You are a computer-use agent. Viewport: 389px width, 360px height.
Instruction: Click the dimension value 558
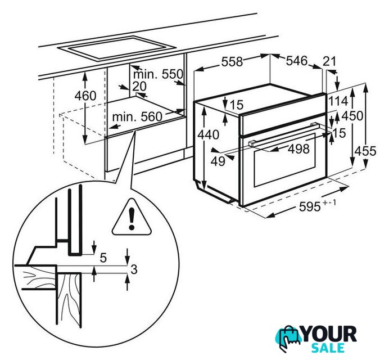pos(232,61)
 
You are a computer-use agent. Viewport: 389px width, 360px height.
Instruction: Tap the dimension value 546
pos(297,61)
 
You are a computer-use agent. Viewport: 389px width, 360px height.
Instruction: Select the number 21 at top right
pos(329,61)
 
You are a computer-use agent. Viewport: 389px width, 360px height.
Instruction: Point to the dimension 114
pos(338,101)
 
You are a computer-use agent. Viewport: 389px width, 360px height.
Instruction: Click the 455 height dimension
pos(365,151)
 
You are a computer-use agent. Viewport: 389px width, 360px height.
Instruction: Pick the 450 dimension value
pos(352,116)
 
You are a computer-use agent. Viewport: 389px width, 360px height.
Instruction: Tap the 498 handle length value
pos(298,149)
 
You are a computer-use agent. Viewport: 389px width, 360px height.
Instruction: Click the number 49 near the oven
pos(218,161)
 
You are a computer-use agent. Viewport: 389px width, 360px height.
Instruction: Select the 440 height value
pos(209,135)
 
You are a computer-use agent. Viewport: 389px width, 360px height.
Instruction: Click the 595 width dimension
pos(310,206)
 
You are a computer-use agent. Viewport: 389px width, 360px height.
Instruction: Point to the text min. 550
pos(158,74)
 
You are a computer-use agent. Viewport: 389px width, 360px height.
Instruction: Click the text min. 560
pos(137,116)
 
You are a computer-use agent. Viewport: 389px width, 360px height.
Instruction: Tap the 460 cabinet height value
pos(85,96)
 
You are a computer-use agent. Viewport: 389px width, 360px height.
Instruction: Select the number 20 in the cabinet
pos(139,87)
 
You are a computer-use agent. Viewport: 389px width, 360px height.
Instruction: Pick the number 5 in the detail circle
pos(103,258)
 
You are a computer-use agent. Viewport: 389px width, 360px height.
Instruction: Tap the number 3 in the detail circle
pos(134,269)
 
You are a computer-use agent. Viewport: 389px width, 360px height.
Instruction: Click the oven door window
pos(284,160)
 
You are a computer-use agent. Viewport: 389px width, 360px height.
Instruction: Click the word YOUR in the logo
pos(329,334)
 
